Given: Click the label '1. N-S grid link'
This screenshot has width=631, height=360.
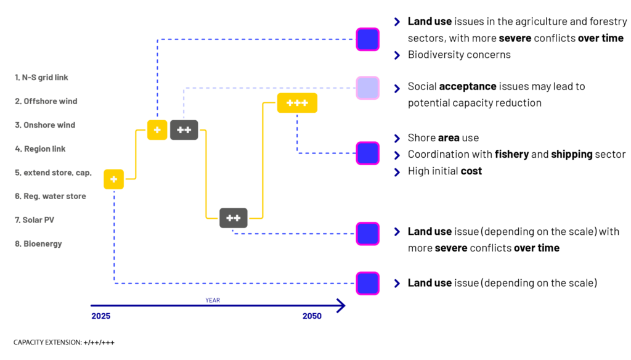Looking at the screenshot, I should (x=41, y=78).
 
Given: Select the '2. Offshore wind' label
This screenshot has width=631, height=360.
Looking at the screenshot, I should (x=46, y=101).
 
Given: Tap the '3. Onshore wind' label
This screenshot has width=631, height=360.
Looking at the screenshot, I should (x=45, y=125).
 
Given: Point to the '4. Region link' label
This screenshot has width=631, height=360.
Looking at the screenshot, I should (x=40, y=149).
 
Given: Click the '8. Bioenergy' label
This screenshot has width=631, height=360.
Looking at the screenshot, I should (x=39, y=243).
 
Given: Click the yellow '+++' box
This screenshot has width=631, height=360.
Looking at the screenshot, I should (x=297, y=103).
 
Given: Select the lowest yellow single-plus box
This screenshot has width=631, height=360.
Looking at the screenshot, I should (x=113, y=179).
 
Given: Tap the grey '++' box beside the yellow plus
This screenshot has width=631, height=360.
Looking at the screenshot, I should (x=184, y=130).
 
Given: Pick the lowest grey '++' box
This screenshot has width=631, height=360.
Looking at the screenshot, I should (x=233, y=218).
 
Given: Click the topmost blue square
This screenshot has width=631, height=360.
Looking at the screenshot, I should (x=368, y=39).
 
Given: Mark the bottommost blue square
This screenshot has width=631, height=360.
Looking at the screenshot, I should (x=368, y=283).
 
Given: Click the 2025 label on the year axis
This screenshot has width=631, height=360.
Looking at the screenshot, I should (x=100, y=316).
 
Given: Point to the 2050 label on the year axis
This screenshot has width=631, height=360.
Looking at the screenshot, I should (x=312, y=316).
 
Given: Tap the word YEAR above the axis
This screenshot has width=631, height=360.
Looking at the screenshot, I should (x=213, y=300).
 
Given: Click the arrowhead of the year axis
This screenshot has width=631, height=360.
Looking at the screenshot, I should (x=341, y=305).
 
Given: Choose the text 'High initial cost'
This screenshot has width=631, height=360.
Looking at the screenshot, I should (x=445, y=171).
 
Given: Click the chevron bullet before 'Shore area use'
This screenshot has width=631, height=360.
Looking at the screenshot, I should (x=397, y=137).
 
